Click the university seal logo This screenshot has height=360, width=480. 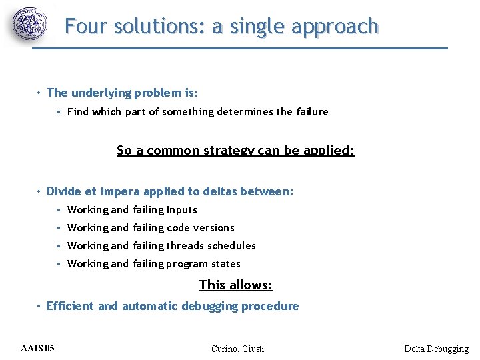click(31, 26)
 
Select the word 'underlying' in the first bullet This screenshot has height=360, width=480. click(104, 93)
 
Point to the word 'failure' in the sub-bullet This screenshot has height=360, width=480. click(311, 112)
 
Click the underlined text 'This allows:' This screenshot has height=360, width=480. click(236, 285)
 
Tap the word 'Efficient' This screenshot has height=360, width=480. click(71, 307)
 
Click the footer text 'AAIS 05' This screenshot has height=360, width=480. click(38, 348)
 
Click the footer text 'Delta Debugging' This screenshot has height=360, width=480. click(436, 349)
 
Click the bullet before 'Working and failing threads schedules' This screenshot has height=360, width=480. click(59, 246)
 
